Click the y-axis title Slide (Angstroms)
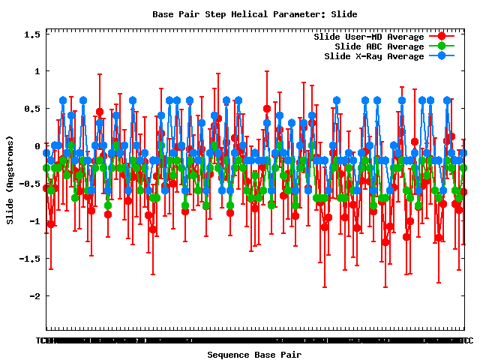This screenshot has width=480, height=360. pos(10,179)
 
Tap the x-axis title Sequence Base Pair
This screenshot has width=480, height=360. pos(254,354)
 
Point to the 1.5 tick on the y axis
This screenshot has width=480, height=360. pos(31,34)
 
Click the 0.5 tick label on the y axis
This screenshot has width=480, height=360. pos(31,109)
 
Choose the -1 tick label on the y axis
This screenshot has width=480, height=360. pos(34,221)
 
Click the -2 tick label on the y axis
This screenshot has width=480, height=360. pos(34,296)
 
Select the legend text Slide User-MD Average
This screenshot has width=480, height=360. pos(368,37)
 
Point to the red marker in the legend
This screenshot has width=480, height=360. pos(441,37)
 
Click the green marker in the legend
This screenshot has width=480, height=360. pos(441,46)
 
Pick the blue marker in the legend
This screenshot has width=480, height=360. pos(441,56)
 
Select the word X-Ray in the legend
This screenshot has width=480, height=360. pos(369,56)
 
